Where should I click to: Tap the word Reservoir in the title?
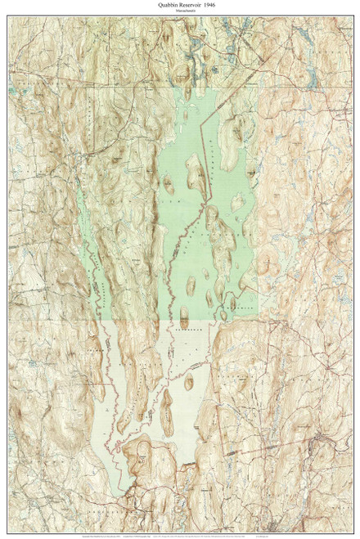(x=182, y=6)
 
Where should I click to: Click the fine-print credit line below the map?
(x=180, y=520)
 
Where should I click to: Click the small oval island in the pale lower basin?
(x=188, y=382)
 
